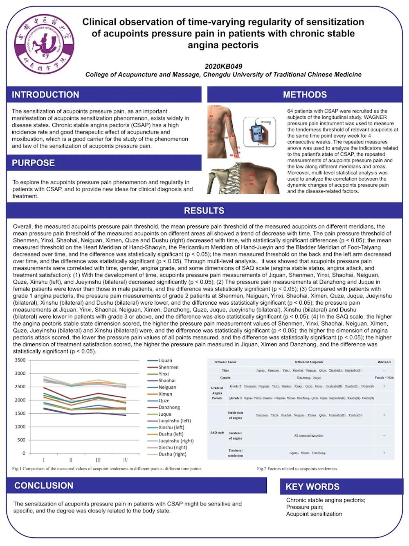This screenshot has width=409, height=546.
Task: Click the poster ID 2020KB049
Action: pyautogui.click(x=223, y=66)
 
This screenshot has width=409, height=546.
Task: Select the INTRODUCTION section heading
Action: pyautogui.click(x=45, y=95)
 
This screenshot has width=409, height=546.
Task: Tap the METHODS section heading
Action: pyautogui.click(x=305, y=95)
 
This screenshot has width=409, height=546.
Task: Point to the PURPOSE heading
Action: pyautogui.click(x=33, y=163)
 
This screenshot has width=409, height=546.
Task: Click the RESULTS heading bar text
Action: pyautogui.click(x=204, y=211)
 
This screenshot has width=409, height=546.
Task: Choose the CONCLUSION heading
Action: pyautogui.click(x=44, y=485)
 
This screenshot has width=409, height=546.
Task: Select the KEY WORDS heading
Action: pyautogui.click(x=312, y=487)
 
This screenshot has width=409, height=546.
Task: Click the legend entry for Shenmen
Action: pyautogui.click(x=169, y=367)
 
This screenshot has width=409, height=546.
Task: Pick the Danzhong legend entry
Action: pyautogui.click(x=169, y=407)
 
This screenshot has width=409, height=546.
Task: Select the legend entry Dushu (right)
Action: pyautogui.click(x=172, y=454)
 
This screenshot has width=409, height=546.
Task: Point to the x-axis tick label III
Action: pyautogui.click(x=98, y=460)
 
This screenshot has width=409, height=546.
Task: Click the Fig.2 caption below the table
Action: pyautogui.click(x=297, y=469)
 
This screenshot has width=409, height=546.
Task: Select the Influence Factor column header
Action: pyautogui.click(x=225, y=362)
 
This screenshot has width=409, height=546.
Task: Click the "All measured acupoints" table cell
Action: pyautogui.click(x=308, y=435)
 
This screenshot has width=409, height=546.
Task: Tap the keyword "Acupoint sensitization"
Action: pyautogui.click(x=314, y=514)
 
